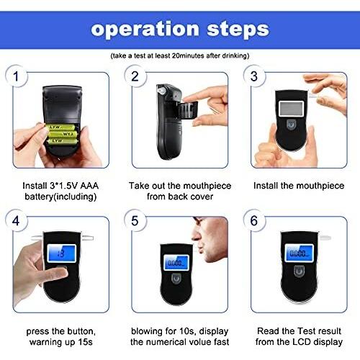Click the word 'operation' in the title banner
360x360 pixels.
(145, 30)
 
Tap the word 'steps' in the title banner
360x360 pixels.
(238, 30)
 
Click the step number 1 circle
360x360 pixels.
(16, 76)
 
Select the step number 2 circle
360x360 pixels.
(135, 76)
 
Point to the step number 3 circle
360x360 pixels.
(254, 76)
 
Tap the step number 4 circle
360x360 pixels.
(16, 220)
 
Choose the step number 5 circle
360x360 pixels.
(135, 220)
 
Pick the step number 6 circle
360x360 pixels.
(254, 220)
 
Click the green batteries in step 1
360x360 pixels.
(62, 134)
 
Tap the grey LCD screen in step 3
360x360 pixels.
(291, 108)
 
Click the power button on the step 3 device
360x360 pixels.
(291, 125)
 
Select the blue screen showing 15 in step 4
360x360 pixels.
(62, 253)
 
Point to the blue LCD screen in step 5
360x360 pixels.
(176, 262)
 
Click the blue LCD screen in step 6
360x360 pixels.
(299, 253)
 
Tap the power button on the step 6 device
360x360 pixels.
(299, 271)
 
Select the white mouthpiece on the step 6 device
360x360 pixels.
(325, 238)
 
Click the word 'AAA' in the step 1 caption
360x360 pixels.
(89, 186)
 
